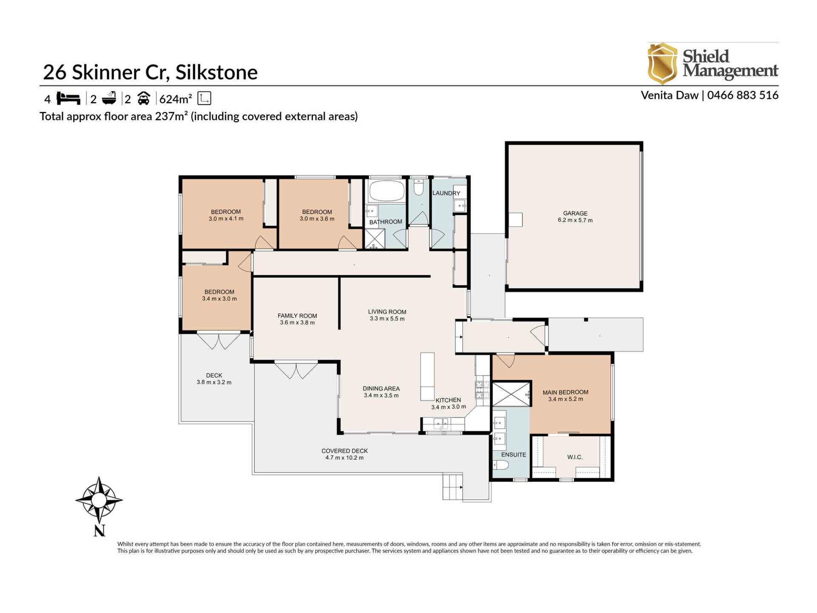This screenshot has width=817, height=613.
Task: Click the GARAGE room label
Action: click(575, 213)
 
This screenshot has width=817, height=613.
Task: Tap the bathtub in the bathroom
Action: click(386, 191)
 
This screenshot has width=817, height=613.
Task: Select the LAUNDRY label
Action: click(446, 193)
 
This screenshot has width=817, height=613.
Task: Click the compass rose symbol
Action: click(99, 499)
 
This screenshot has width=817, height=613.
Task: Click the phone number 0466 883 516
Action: click(743, 95)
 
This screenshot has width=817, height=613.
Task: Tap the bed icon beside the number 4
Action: click(69, 99)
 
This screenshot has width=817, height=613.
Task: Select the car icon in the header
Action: click(144, 99)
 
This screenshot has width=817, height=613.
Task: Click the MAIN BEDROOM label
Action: click(566, 392)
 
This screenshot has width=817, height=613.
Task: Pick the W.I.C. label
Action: click(575, 457)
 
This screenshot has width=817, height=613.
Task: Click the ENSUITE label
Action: click(514, 455)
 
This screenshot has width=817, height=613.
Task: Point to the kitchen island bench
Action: click(427, 376)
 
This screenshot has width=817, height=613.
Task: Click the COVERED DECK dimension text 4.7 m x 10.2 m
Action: click(345, 458)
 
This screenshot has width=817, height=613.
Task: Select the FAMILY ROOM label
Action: click(297, 316)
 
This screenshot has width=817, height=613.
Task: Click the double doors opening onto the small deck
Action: click(219, 341)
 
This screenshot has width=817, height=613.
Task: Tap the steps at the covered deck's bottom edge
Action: click(453, 487)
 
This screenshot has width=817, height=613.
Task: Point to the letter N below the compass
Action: click(99, 531)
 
